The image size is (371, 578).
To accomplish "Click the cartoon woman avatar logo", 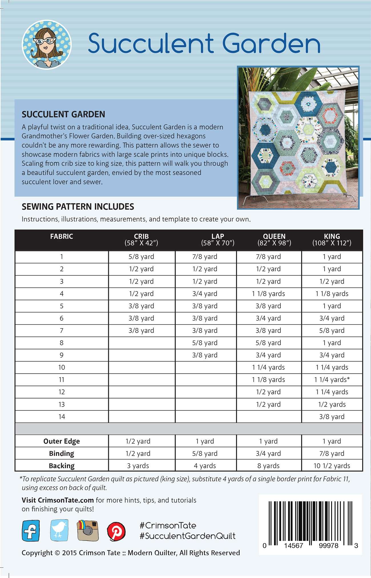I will click(47, 45).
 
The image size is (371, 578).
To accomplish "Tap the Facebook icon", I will click(31, 531).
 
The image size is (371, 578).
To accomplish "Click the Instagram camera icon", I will click(88, 530).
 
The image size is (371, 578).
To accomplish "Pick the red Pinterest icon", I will click(116, 531).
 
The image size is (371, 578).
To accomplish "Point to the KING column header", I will click(332, 240).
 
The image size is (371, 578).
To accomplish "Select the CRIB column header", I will click(141, 240).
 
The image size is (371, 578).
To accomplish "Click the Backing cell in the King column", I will click(332, 466).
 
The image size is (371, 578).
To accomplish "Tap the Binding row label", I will click(62, 453).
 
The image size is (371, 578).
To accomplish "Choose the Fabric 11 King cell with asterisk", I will click(332, 379).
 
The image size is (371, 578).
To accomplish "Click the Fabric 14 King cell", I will click(332, 417).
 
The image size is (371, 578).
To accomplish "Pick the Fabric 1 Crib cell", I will click(141, 256).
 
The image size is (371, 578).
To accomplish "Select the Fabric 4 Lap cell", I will click(205, 294).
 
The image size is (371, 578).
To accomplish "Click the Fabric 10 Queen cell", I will click(268, 367).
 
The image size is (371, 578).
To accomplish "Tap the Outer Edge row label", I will click(62, 441).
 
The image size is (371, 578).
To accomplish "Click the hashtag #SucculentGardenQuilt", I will click(187, 536).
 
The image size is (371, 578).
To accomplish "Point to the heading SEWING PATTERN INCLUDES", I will click(78, 207).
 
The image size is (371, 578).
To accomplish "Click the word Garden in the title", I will click(271, 43).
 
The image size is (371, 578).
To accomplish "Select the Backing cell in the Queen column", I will click(268, 466).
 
